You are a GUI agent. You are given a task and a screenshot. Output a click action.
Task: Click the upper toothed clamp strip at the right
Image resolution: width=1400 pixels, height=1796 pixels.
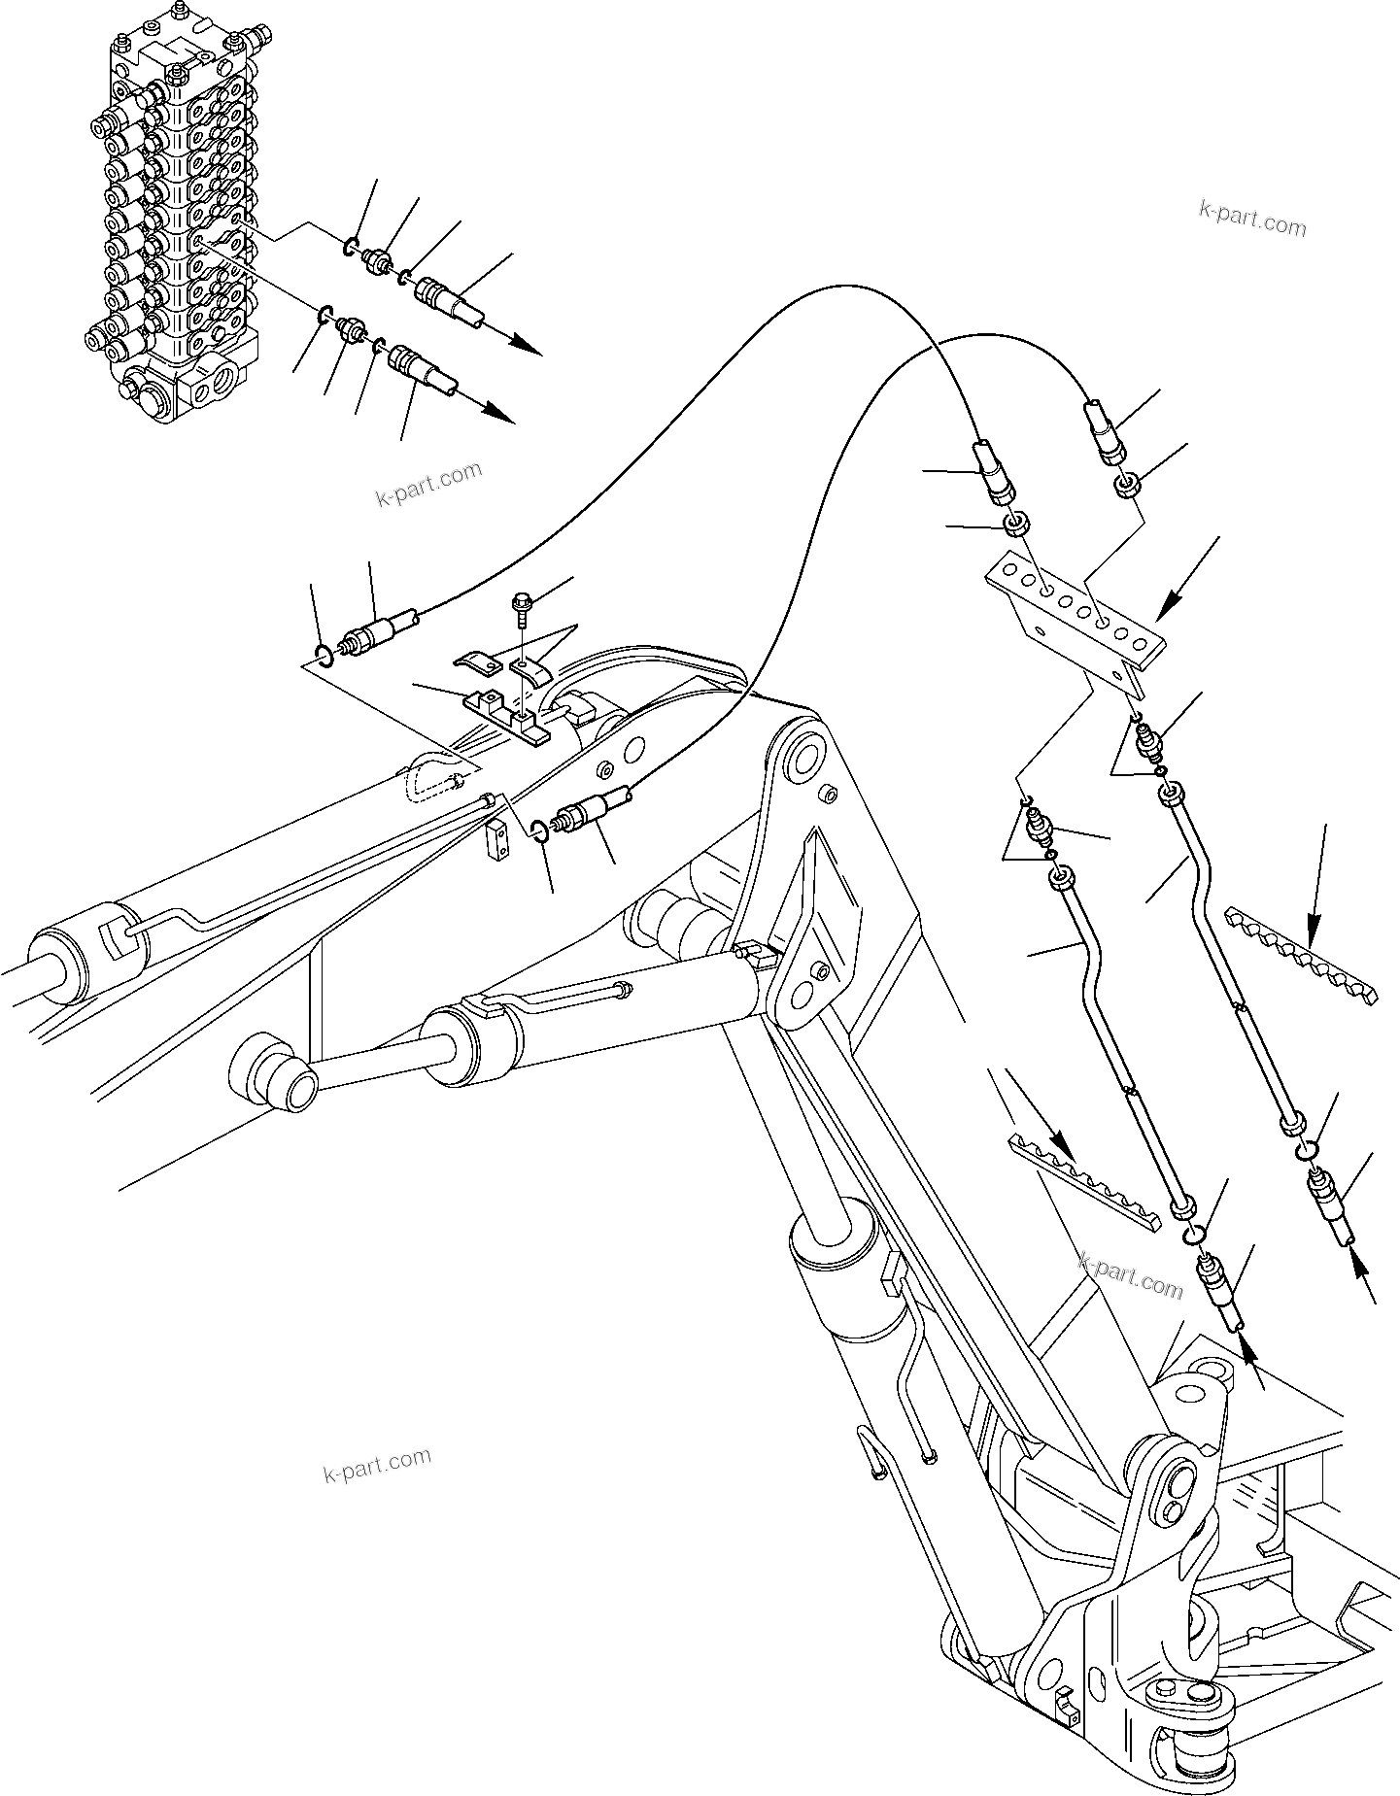coord(1300,956)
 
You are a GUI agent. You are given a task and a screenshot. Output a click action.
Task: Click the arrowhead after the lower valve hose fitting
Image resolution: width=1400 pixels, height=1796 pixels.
coord(499,414)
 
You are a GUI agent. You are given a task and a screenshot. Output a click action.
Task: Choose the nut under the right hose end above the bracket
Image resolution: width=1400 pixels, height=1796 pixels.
coord(1127,483)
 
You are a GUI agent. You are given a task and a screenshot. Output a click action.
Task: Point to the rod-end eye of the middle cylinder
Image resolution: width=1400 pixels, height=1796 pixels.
coord(270,1074)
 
